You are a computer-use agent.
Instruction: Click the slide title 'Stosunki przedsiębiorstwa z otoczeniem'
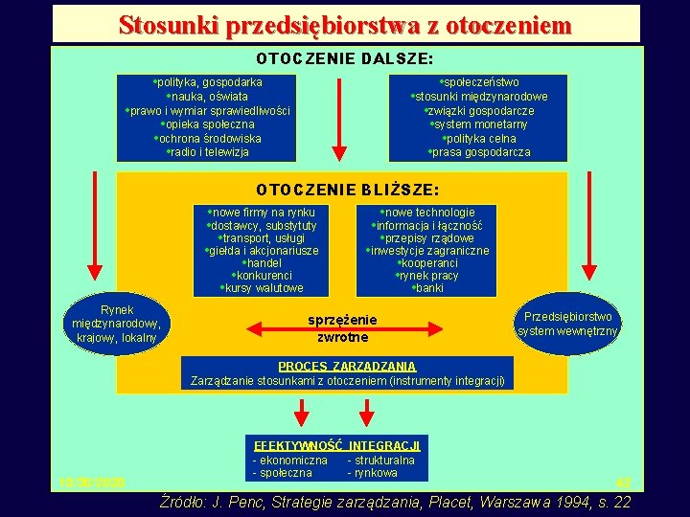345,25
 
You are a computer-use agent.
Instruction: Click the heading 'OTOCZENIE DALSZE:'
345,59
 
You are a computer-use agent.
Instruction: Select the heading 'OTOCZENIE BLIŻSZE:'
348,190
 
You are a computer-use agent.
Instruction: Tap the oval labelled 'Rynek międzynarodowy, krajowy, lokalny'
117,324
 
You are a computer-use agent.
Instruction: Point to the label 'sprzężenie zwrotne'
343,327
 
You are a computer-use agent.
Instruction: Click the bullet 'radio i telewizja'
208,152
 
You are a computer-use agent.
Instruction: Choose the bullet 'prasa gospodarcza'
480,152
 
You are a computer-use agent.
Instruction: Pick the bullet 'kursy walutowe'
263,288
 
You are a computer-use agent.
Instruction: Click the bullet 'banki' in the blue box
428,288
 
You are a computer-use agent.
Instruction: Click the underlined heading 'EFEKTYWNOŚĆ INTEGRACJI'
336,446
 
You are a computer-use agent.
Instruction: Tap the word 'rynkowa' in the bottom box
374,473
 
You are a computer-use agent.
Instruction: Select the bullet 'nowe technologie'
428,213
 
